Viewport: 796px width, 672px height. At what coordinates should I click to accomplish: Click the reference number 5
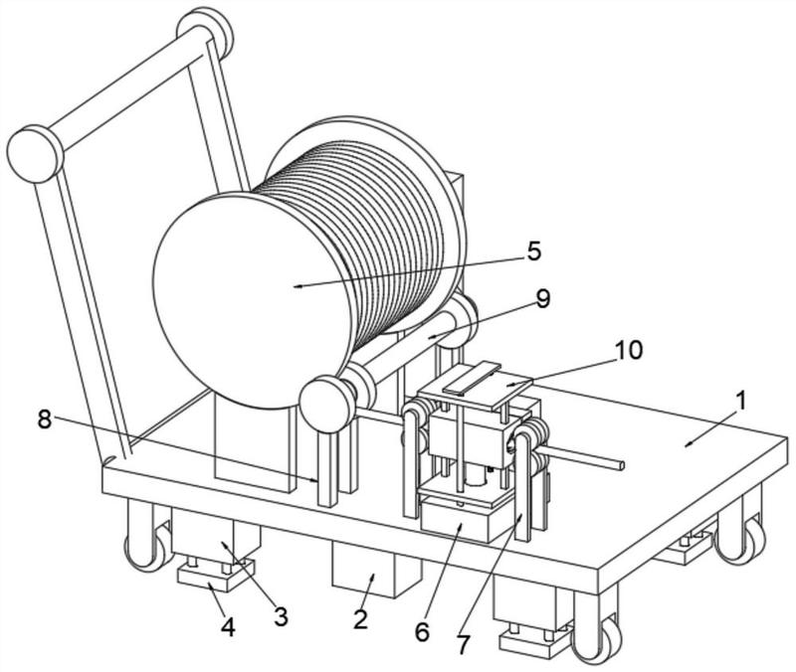[534, 251]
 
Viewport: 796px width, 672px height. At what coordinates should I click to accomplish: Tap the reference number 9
[542, 298]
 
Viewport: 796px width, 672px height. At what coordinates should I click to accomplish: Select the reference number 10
[628, 350]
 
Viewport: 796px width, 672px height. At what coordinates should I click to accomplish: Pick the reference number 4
[229, 627]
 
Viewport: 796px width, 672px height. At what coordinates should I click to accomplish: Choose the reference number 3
[281, 616]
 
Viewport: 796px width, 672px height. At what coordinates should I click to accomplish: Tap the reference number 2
[360, 620]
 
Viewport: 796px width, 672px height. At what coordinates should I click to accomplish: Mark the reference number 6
[423, 630]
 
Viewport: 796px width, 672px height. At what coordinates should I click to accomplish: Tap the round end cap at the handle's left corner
[33, 153]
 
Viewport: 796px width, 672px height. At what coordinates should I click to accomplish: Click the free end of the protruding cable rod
[620, 463]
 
